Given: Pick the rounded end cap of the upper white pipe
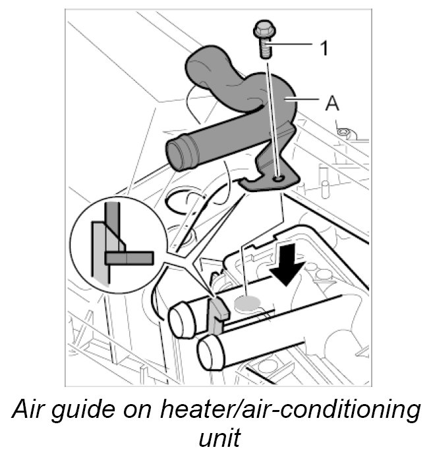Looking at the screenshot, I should (x=179, y=320).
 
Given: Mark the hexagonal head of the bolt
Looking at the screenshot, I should (x=264, y=30).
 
